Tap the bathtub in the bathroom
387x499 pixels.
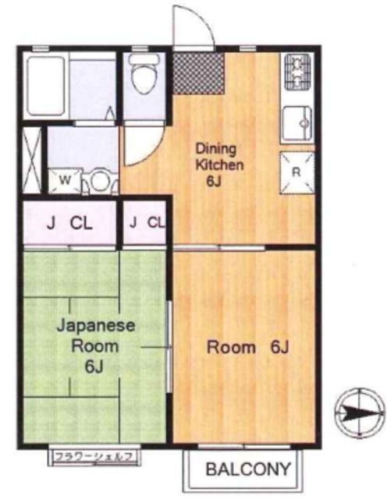(46, 86)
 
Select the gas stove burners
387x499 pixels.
(297, 72)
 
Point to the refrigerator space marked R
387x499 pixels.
(296, 172)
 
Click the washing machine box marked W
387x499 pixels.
(66, 180)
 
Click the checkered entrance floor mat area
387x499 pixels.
(198, 73)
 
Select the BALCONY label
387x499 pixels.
(248, 469)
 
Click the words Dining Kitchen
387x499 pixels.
(219, 157)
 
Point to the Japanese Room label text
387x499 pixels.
(95, 336)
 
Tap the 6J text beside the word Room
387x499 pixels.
(279, 347)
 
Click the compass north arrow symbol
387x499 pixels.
(360, 413)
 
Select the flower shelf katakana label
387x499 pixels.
(94, 458)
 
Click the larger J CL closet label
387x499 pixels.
(69, 224)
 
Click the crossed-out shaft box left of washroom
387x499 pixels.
(33, 160)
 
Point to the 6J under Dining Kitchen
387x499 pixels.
(214, 182)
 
